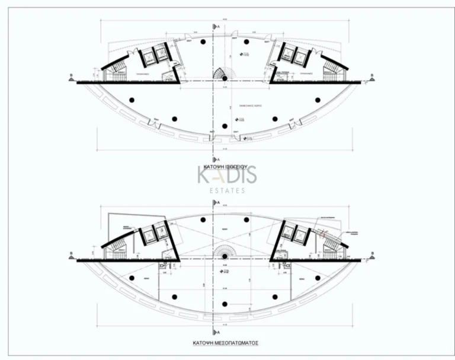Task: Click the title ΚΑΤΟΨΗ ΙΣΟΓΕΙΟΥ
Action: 227,168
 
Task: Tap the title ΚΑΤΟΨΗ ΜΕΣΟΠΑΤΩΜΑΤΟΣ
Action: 227,343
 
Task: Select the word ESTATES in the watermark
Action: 227,190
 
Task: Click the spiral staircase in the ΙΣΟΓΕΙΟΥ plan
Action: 224,74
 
